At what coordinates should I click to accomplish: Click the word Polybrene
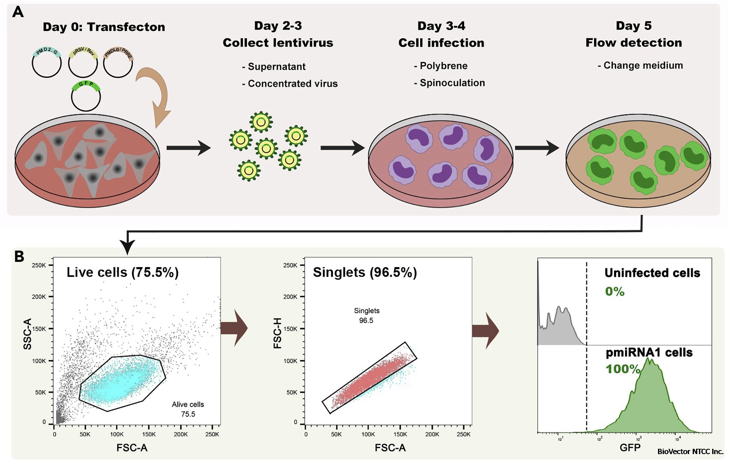(x=443, y=66)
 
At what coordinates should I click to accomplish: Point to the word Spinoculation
(x=452, y=83)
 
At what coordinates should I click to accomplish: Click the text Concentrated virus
(x=293, y=84)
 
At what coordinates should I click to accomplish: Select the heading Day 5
(x=634, y=26)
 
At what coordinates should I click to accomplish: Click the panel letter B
(x=19, y=257)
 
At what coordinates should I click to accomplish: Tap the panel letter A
(x=18, y=12)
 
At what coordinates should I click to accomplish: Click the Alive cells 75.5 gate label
(x=188, y=409)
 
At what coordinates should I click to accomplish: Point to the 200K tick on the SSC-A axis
(x=39, y=297)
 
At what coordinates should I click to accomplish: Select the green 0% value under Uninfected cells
(x=614, y=292)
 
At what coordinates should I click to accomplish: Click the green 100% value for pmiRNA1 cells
(x=623, y=369)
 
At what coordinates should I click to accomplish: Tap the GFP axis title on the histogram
(x=630, y=448)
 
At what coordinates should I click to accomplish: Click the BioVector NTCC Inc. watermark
(x=690, y=451)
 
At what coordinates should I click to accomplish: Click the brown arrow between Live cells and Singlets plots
(x=234, y=328)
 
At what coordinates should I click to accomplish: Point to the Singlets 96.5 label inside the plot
(x=366, y=315)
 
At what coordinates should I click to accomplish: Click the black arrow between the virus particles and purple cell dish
(x=342, y=148)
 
